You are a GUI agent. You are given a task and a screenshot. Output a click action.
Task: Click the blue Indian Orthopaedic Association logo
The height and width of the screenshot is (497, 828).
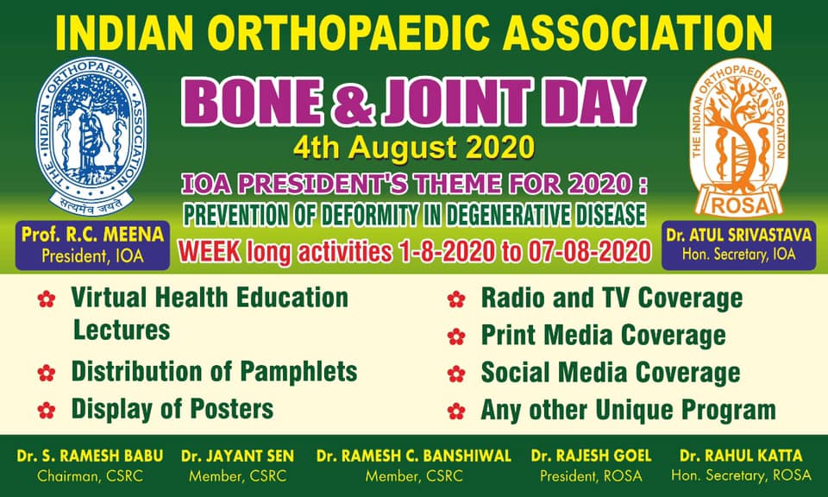pos(91,136)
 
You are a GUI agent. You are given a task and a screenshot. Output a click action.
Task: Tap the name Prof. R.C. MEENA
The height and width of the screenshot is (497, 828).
pos(92,235)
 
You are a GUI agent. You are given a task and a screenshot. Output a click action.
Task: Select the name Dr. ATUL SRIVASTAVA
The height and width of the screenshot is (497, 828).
pos(739,235)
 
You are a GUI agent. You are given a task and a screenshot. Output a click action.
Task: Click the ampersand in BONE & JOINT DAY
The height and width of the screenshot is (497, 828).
pos(354,102)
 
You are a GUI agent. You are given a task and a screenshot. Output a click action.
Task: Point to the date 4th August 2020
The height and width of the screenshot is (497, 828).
pos(413,148)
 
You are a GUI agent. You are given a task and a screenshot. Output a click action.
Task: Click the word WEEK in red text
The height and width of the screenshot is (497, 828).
pos(209,251)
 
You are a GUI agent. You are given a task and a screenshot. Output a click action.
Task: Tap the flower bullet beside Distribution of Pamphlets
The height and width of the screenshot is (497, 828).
pos(47,373)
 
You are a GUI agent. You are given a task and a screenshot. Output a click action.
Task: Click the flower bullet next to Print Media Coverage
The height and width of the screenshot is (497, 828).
pos(456,337)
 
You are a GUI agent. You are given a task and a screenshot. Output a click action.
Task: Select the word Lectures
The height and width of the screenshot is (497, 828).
pos(122,330)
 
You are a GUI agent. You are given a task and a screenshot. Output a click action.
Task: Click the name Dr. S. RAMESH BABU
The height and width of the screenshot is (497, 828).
pos(91,456)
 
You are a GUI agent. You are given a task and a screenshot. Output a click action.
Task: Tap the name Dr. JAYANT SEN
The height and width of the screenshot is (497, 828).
pos(238,456)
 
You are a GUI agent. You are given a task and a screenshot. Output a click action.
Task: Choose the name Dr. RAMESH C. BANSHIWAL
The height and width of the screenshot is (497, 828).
pos(413,456)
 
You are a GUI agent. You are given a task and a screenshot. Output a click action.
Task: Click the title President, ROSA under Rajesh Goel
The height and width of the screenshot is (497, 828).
pos(591,476)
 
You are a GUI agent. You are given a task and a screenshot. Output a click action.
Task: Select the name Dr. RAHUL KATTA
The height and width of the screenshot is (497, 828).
pos(741,456)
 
